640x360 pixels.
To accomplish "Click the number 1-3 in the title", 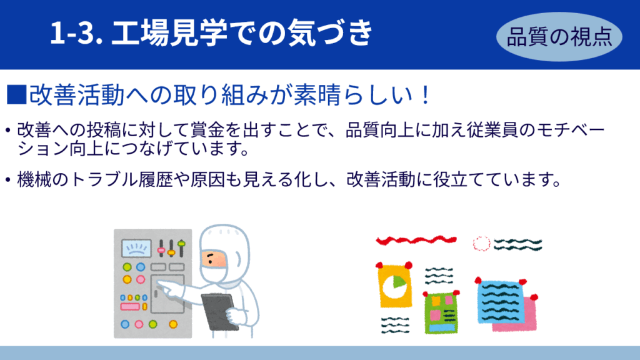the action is (x=76, y=32).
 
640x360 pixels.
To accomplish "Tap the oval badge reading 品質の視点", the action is (x=559, y=37).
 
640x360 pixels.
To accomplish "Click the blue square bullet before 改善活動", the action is (x=17, y=95).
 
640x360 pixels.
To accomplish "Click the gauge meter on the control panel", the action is (x=136, y=248).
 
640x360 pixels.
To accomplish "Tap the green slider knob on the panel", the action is (x=181, y=244).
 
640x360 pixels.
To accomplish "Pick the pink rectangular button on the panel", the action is (x=130, y=306).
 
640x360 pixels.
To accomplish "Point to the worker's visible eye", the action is (x=211, y=259).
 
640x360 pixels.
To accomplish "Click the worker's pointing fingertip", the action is (x=159, y=282).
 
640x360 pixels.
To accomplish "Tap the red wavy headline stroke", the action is (x=416, y=240).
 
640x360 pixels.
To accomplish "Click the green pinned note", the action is (x=441, y=313).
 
